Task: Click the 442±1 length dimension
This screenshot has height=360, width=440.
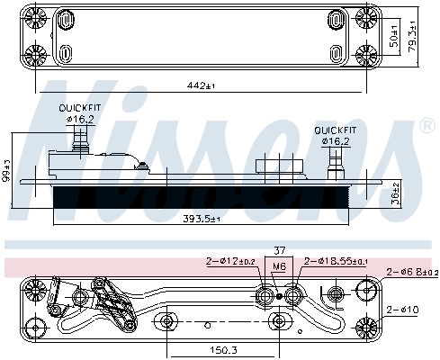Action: (194, 85)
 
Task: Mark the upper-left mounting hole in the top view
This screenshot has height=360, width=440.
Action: (37, 17)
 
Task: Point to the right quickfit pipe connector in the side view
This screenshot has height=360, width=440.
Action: (337, 163)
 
